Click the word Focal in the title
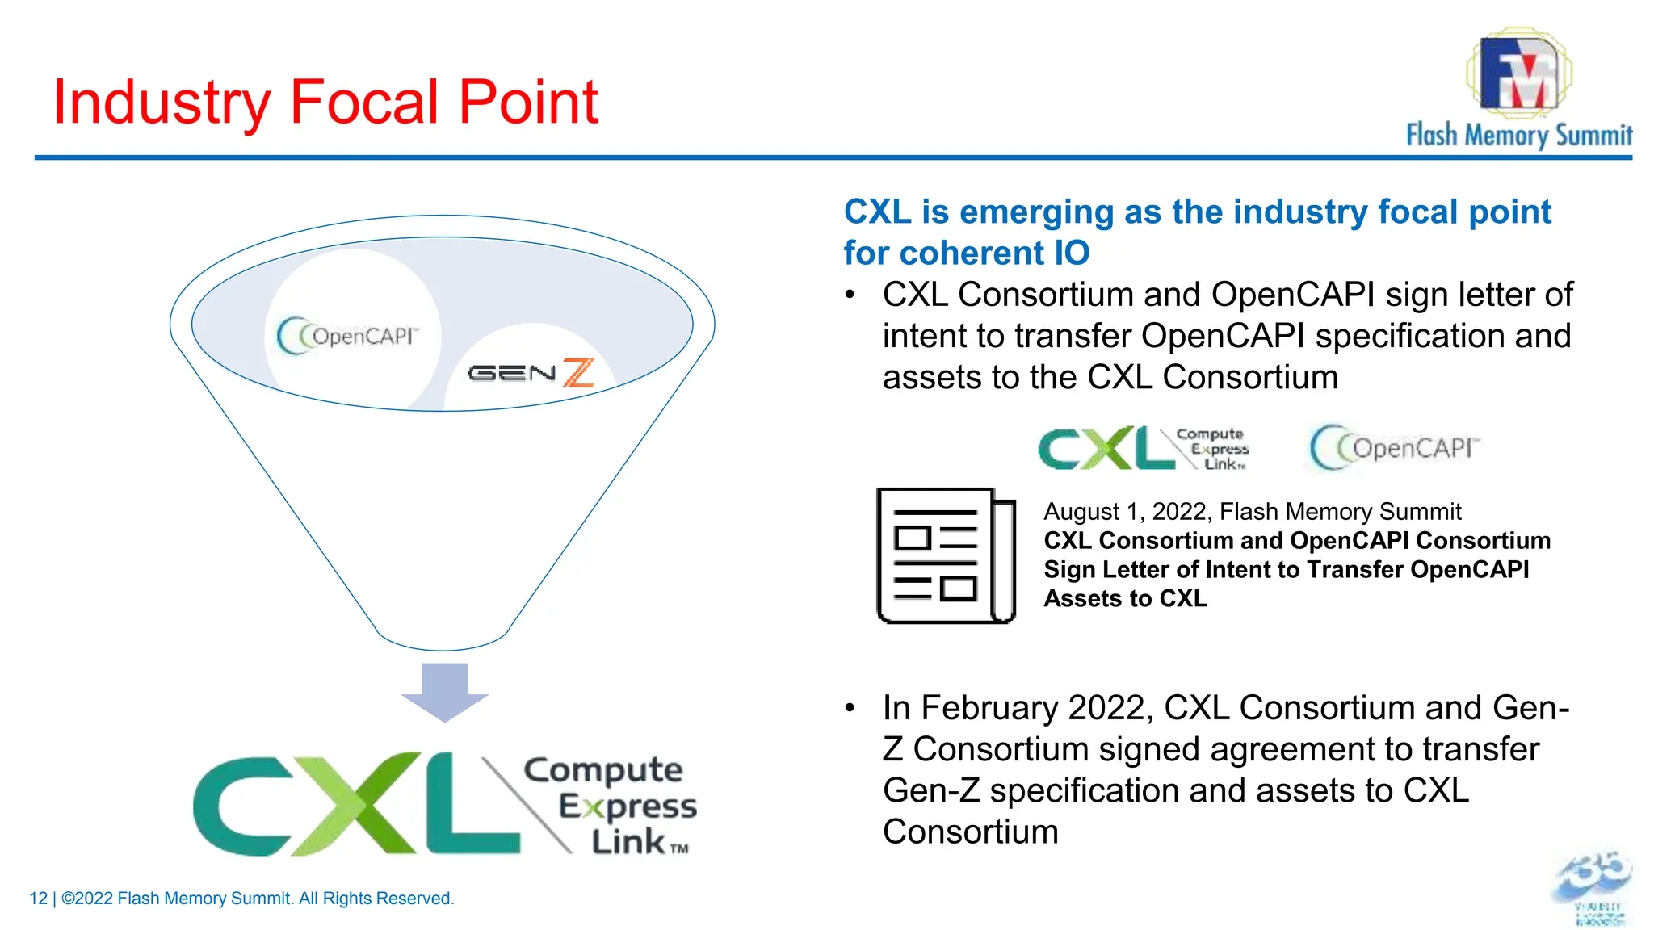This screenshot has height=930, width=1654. point(366,102)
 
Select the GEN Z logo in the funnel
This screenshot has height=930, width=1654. point(531,373)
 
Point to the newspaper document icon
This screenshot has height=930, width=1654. point(946,555)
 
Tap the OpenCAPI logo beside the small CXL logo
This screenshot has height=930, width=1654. point(1394,447)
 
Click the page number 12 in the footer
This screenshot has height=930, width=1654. point(38,899)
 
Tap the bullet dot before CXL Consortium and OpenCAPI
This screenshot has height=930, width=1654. point(850,295)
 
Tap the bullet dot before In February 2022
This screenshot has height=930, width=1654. point(850,708)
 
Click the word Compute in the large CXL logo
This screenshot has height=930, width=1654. point(603,770)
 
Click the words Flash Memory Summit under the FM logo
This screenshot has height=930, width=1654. point(1518,135)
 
